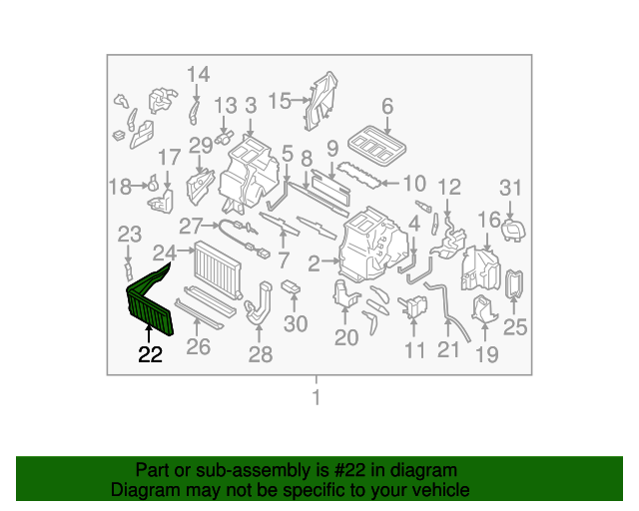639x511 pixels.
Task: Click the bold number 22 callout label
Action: (x=150, y=354)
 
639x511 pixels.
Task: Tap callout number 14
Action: (x=199, y=74)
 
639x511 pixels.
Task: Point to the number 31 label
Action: (x=511, y=189)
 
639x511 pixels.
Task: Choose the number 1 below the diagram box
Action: (x=318, y=398)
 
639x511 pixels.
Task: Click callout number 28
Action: (x=260, y=354)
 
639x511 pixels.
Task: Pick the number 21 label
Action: (x=448, y=348)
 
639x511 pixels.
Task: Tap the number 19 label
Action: (x=486, y=354)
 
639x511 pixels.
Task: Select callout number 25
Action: (x=515, y=325)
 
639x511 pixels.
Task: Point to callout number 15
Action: (x=279, y=100)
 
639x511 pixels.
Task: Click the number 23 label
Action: (x=130, y=235)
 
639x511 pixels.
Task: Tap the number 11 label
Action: (x=415, y=349)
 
